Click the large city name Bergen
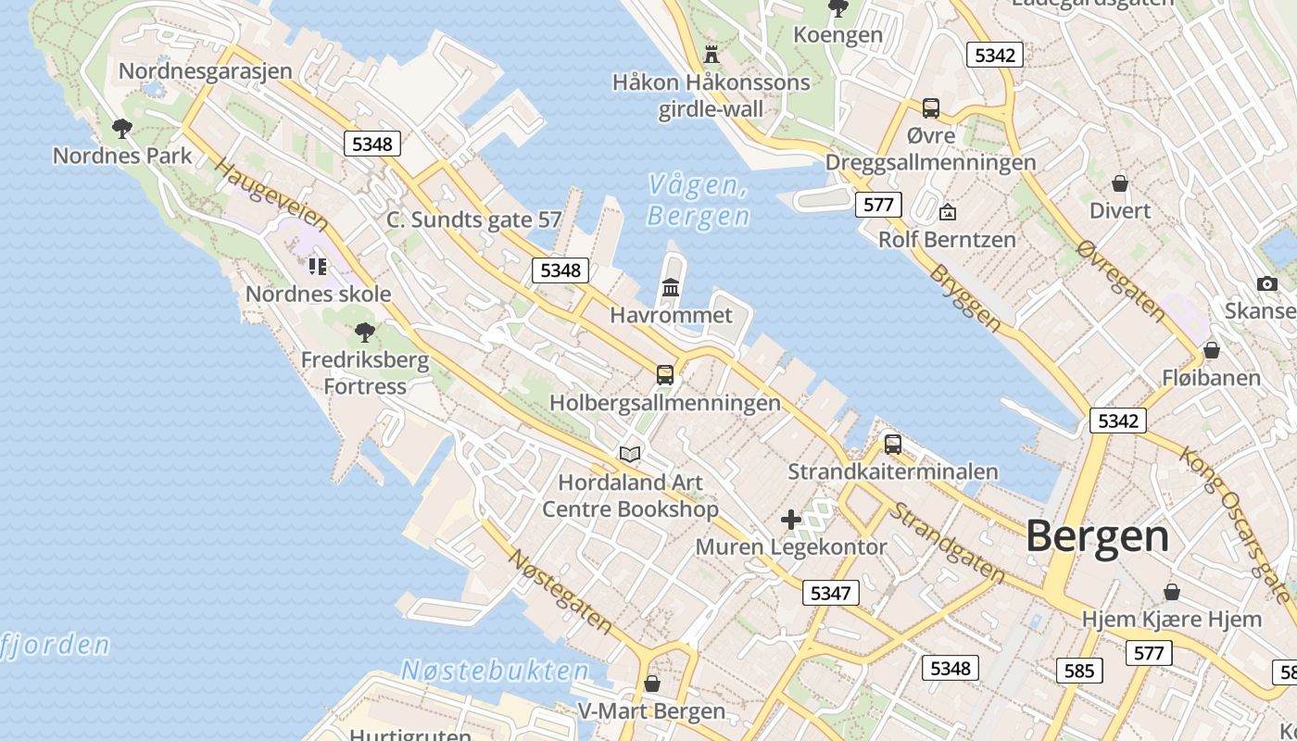pos(1097,536)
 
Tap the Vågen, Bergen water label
pos(699,200)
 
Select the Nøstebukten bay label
pos(495,671)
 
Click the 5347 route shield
pos(830,593)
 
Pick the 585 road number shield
pos(1079,671)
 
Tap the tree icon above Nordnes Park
pos(121,128)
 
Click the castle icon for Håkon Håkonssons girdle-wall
pos(711,53)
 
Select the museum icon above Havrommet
pos(671,287)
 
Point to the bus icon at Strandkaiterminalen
pos(892,444)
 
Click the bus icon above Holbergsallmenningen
pos(665,374)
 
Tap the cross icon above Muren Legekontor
pos(790,519)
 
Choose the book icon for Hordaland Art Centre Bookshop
pos(630,454)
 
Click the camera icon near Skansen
pos(1266,283)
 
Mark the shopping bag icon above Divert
pos(1120,182)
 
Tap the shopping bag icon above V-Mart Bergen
pos(652,684)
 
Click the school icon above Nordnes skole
pos(318,267)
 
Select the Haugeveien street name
pos(271,195)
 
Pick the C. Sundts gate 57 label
pos(474,220)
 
